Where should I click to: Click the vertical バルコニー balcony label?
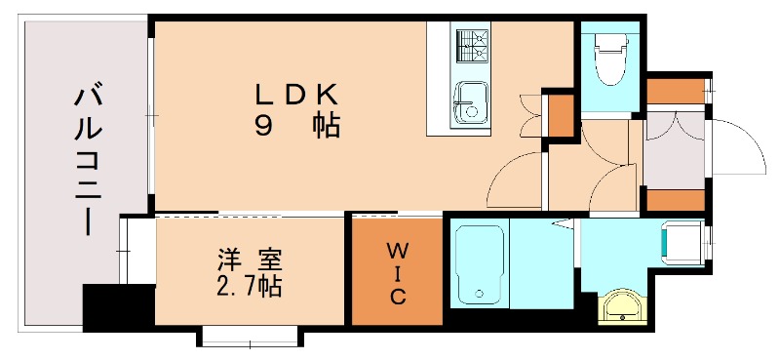point(87,161)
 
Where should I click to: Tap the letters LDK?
point(296,95)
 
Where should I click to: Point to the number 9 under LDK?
point(264,125)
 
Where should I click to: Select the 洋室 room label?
point(250,261)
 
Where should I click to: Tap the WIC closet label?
point(397,272)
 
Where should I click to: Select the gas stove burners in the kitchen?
point(471,43)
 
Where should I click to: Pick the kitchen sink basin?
point(471,102)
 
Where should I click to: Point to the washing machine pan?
point(680,241)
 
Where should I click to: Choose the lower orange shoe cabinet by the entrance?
point(675,200)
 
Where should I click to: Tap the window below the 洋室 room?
point(249,338)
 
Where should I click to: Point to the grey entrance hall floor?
point(674,146)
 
